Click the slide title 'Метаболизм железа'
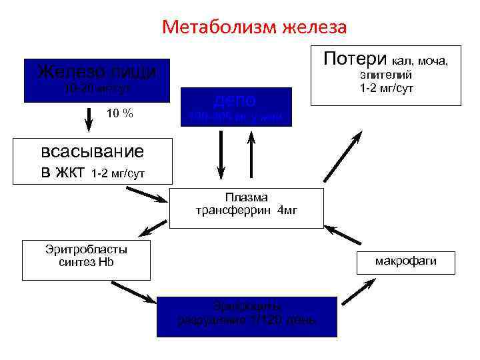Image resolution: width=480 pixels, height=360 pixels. point(254,27)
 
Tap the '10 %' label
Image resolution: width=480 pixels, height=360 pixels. point(119,114)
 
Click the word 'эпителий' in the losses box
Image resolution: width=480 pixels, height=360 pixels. point(387,75)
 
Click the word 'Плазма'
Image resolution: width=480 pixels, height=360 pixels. point(246,197)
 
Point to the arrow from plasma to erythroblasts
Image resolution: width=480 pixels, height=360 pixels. point(153,230)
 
